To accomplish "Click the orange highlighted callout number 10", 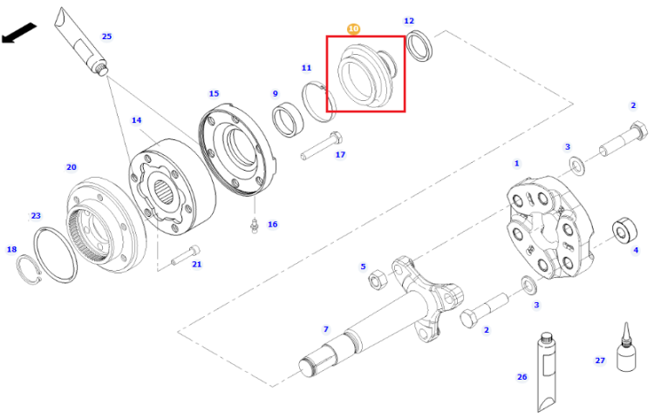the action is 353,29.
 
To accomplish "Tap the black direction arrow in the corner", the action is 19,34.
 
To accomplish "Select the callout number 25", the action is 106,37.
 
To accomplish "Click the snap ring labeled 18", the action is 29,269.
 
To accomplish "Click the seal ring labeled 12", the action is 419,46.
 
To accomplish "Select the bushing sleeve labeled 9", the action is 287,118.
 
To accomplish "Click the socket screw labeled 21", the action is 186,255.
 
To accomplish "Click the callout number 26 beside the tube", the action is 522,377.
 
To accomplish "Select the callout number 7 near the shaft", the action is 326,329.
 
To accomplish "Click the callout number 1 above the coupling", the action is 517,163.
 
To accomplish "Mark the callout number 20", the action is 72,167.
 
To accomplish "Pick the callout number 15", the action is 214,94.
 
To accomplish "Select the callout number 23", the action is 36,216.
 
